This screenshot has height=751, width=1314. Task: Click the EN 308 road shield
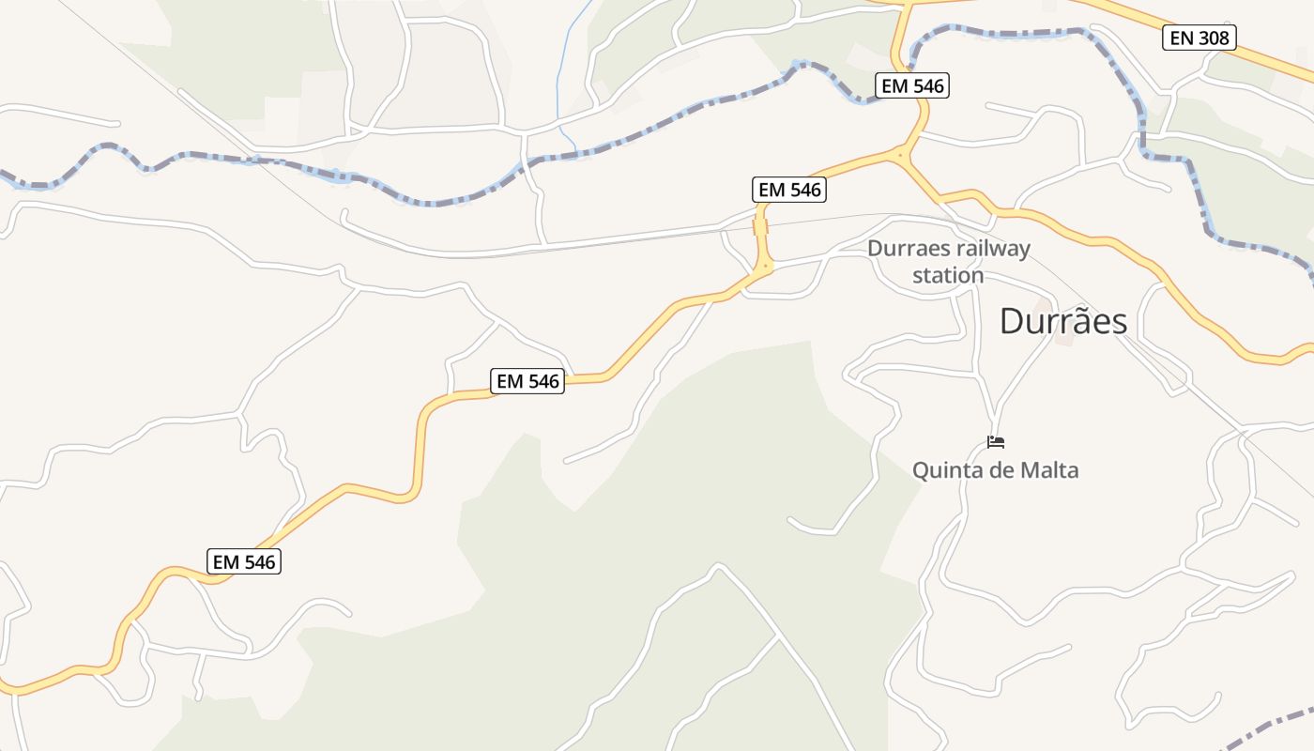click(x=1199, y=38)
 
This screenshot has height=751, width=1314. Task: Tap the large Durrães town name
click(x=1062, y=322)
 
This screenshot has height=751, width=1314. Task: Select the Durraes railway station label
click(x=948, y=262)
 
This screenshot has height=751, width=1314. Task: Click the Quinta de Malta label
click(x=995, y=470)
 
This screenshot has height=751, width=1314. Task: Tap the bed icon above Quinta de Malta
click(x=996, y=441)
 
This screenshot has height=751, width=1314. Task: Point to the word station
click(x=948, y=276)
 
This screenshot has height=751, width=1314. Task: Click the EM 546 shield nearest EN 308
click(x=912, y=85)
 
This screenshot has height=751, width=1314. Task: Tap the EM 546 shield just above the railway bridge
click(x=790, y=190)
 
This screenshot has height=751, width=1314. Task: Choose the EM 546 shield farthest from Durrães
click(x=244, y=561)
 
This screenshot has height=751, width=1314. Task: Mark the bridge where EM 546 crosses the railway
click(x=760, y=227)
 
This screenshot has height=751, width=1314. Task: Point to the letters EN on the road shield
click(x=1180, y=38)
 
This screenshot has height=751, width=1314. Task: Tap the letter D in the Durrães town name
click(x=1013, y=322)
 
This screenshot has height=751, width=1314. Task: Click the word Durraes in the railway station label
click(x=903, y=249)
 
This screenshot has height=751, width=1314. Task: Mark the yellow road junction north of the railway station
click(x=900, y=154)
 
